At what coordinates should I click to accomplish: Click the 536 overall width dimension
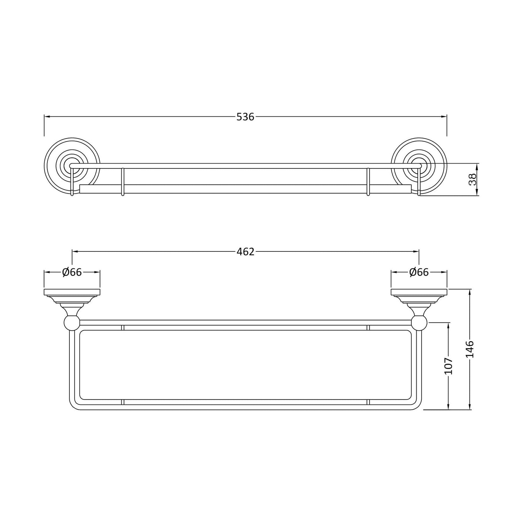coord(245,117)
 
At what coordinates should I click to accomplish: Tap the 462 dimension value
coord(245,252)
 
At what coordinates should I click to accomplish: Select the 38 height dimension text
coord(472,180)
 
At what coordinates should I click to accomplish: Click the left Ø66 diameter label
coord(72,272)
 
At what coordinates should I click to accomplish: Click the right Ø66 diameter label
coord(419,272)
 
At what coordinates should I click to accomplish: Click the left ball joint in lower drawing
coord(72,323)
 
